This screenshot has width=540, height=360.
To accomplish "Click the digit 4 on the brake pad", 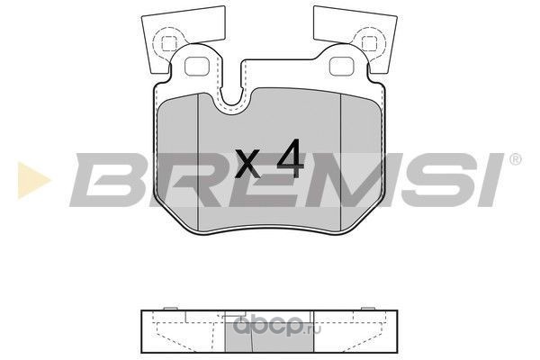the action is pos(291,158).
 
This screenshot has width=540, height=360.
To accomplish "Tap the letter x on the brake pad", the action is pos(247,164).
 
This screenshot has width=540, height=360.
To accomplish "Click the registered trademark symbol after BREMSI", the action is pos(515,159).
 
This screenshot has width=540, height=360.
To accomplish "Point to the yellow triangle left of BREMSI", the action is pos(33,180).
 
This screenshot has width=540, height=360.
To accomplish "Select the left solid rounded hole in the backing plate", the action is pos(197,67).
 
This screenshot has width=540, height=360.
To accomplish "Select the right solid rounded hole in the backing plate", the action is pos(342,67).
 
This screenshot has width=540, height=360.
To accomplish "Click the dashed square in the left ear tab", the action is pos(169,42).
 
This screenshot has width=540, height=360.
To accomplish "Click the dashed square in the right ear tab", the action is pos(370,42).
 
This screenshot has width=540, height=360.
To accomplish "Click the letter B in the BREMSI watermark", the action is pos(107,179).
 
